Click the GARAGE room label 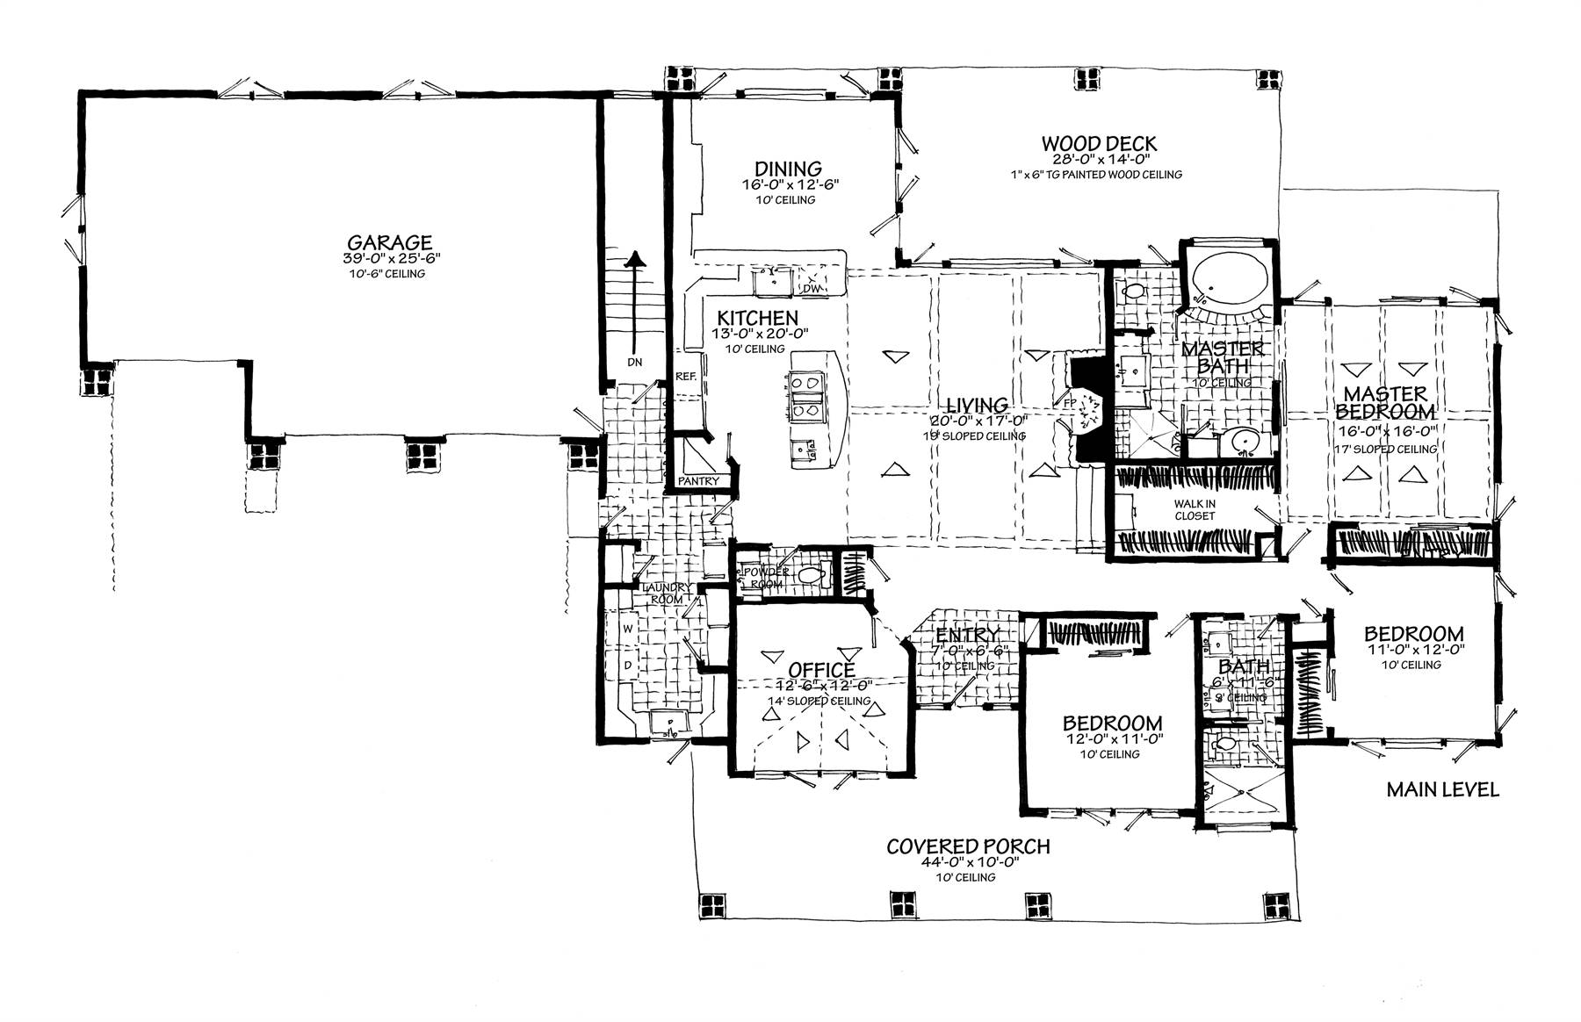tap(388, 241)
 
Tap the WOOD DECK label tap(1099, 143)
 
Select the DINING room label tap(788, 169)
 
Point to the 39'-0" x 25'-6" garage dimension tap(391, 258)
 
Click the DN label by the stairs tap(635, 362)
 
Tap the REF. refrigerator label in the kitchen tap(686, 376)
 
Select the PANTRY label tap(698, 481)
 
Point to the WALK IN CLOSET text tap(1195, 509)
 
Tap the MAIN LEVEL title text tap(1442, 789)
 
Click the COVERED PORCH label tap(967, 846)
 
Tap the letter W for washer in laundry tap(628, 629)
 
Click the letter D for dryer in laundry tap(628, 665)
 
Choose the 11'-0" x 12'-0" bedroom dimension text tap(1413, 650)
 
